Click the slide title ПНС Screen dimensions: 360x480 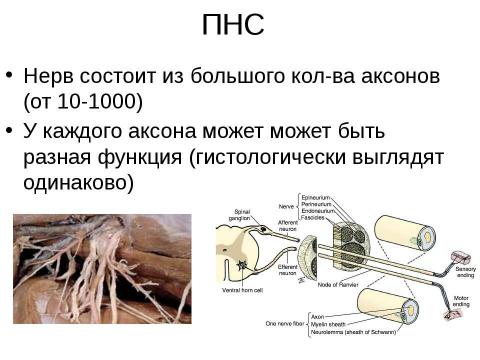[x=232, y=25]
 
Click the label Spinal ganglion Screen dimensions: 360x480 [x=242, y=215]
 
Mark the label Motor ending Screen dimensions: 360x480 [x=462, y=300]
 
